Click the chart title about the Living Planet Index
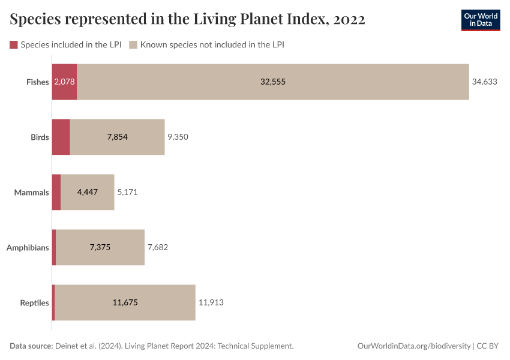(187, 19)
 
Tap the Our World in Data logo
(480, 20)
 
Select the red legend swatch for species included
(14, 45)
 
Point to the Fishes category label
(37, 82)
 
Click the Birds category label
(40, 137)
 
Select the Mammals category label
(31, 193)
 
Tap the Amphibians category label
(28, 247)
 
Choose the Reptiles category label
(34, 303)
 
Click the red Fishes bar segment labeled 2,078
(64, 82)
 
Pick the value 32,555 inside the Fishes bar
(273, 82)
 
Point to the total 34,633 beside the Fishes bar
(485, 82)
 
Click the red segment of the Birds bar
(61, 137)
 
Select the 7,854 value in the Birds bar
(118, 137)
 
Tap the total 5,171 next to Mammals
(130, 193)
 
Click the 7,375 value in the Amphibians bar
(100, 247)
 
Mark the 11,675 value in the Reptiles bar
(125, 303)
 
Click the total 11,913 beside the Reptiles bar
(211, 303)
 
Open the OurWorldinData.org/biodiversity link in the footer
(414, 346)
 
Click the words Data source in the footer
(31, 346)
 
